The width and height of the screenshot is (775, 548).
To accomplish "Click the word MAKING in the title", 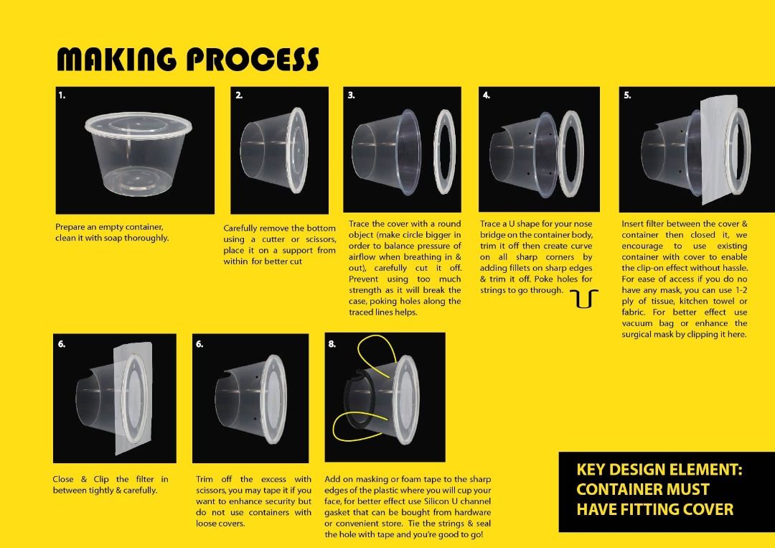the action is (x=117, y=60).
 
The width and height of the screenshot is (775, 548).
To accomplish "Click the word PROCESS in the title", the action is (x=253, y=60).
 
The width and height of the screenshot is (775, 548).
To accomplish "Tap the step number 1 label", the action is (x=62, y=96).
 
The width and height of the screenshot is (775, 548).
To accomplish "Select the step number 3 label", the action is (x=352, y=96).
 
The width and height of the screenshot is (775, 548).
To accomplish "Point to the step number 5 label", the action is (x=627, y=96).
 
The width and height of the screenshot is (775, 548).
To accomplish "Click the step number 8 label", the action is (x=332, y=344).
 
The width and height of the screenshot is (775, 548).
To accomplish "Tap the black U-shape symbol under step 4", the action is (x=583, y=299).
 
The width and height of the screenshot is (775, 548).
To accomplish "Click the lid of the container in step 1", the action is (x=138, y=125).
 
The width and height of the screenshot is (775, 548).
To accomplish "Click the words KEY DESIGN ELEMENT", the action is (x=659, y=470).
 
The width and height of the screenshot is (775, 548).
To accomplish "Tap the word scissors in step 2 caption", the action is (x=321, y=239).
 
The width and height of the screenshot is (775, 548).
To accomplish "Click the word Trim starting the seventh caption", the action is (x=205, y=479).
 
